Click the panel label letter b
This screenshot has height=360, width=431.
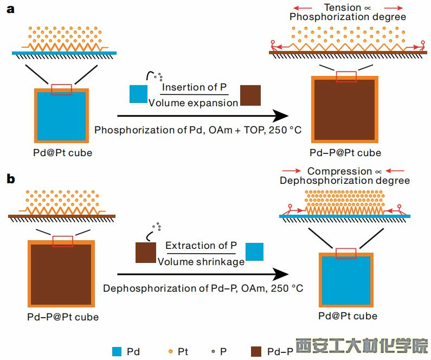coord(10,178)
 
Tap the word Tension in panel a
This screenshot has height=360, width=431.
coord(343,8)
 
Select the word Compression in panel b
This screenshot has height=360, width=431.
coord(340,171)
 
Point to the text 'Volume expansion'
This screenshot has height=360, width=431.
coord(193,102)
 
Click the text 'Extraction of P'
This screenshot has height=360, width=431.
coord(201,246)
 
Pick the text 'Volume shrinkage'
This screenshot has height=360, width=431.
coord(201,261)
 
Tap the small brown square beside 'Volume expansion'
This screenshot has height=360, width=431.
coord(250,95)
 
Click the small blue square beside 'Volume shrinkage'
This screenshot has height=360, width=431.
coord(255,253)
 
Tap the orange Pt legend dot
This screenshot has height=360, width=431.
coord(171,351)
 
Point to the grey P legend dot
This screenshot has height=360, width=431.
coord(213,351)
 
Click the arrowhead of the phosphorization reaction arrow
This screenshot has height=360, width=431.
coord(280,115)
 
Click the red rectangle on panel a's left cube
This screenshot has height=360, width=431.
coord(61,89)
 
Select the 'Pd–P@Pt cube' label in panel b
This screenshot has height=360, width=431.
coord(63,317)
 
